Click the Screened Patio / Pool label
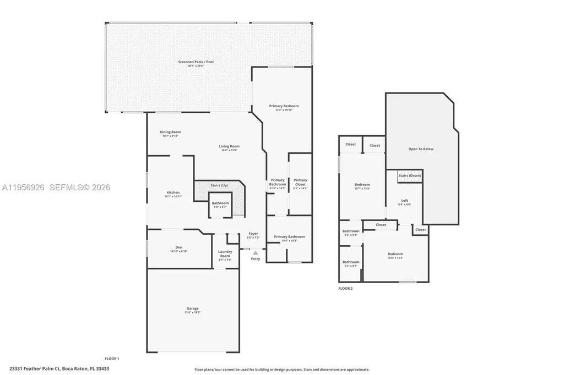(196, 62)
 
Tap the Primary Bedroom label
(284, 106)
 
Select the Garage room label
(192, 308)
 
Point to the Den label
(178, 247)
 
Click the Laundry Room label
(225, 256)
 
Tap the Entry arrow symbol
(255, 252)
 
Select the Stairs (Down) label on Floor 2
(409, 175)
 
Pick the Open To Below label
(421, 149)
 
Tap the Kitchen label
(173, 192)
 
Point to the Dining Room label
(170, 132)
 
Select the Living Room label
(229, 146)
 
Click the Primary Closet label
(300, 180)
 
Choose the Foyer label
(253, 234)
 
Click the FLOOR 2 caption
(345, 288)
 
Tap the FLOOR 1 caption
(112, 359)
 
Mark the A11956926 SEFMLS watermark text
(56, 187)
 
